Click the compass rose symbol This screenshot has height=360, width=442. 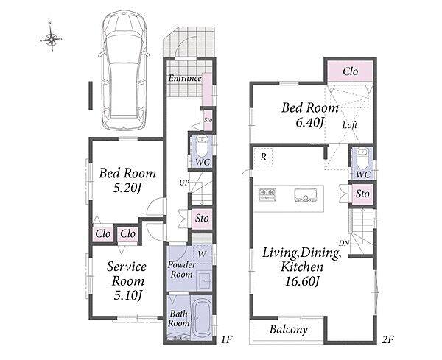[51, 38]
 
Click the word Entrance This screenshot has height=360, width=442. [185, 78]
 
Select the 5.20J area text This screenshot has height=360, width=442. [127, 188]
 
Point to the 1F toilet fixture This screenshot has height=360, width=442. [202, 147]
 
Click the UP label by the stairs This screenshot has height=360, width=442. [184, 183]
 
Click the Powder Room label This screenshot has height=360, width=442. [181, 269]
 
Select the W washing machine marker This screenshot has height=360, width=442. [202, 255]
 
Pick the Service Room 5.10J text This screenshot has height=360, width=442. [127, 280]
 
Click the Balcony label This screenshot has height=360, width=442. [288, 330]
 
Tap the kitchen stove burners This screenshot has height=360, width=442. [267, 194]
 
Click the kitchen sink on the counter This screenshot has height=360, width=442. [305, 195]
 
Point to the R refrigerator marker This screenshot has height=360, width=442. [263, 157]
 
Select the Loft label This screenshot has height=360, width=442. [350, 125]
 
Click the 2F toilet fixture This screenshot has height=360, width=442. [362, 158]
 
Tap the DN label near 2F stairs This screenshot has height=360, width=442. [344, 243]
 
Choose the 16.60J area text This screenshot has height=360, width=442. [302, 281]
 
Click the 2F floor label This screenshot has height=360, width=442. [387, 339]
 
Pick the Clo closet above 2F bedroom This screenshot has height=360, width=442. [350, 71]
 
